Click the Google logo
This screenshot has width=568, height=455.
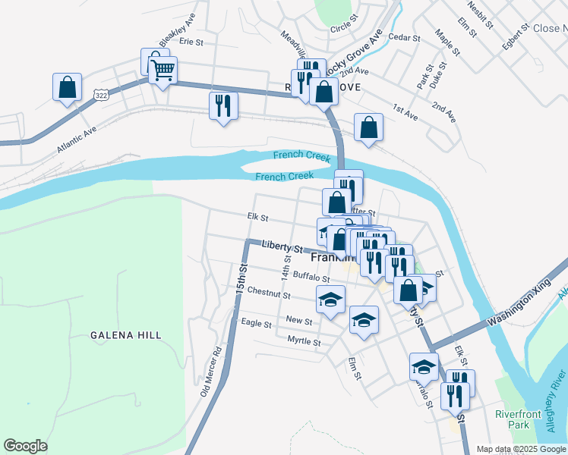pos(25,446)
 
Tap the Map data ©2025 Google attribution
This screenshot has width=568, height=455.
pos(520,449)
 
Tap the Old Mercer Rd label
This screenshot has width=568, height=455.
pos(210,372)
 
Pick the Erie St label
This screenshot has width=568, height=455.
pos(191,42)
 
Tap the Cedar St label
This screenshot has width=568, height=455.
pos(404,37)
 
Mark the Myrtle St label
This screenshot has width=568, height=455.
pos(304,341)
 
